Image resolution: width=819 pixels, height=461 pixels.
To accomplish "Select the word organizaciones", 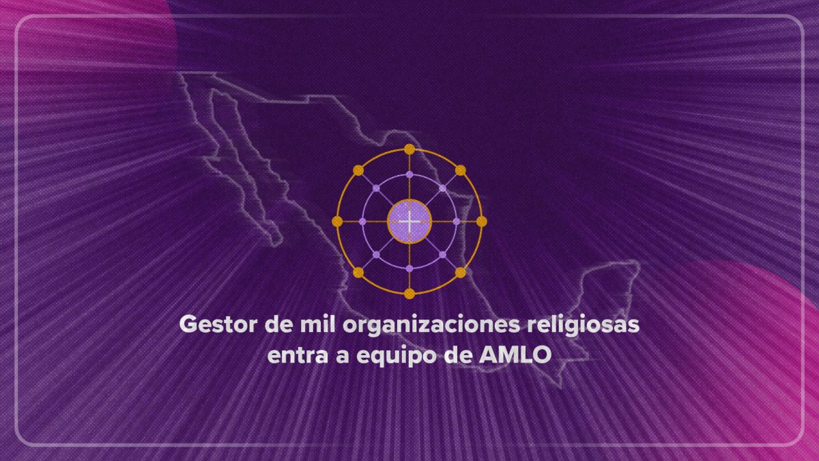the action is pos(431,326).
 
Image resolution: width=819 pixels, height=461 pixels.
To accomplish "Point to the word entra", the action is pos(298,355).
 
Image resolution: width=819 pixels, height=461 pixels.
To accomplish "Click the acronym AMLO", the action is pos(515,355).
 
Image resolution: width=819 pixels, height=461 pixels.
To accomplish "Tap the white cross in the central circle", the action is pos(409,221).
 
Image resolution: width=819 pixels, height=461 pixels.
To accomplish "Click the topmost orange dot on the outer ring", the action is pos(409,150).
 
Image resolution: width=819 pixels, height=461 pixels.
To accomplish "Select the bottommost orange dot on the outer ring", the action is pos(409,294).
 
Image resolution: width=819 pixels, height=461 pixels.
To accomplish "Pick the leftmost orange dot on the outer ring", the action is pos(337,221).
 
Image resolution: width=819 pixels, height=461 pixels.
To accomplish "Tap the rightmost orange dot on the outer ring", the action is pos(482,221).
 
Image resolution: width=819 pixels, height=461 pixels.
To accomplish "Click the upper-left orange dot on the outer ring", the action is pos(358,170).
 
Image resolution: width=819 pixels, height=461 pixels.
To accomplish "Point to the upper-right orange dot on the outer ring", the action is pos(461,170).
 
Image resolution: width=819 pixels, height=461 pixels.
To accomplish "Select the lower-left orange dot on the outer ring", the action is pos(358,273).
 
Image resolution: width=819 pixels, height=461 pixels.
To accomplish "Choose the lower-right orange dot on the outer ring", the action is pos(461,273).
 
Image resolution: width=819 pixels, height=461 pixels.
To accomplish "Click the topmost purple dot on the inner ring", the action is pos(409,175).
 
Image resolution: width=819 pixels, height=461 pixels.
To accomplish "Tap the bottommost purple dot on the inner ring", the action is pos(409,268).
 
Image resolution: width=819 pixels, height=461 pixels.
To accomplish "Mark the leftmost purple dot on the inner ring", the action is pos(362,221).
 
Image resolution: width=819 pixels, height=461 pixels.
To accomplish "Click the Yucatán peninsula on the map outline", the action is pos(607,289).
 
